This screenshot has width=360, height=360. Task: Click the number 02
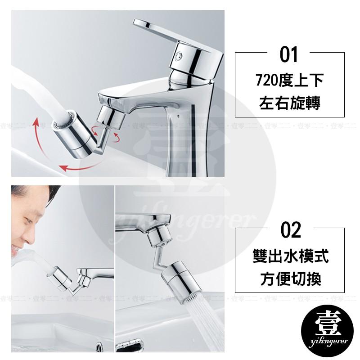click(290, 230)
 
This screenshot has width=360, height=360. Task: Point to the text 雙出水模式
click(290, 257)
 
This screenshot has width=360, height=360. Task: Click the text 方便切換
click(290, 280)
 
